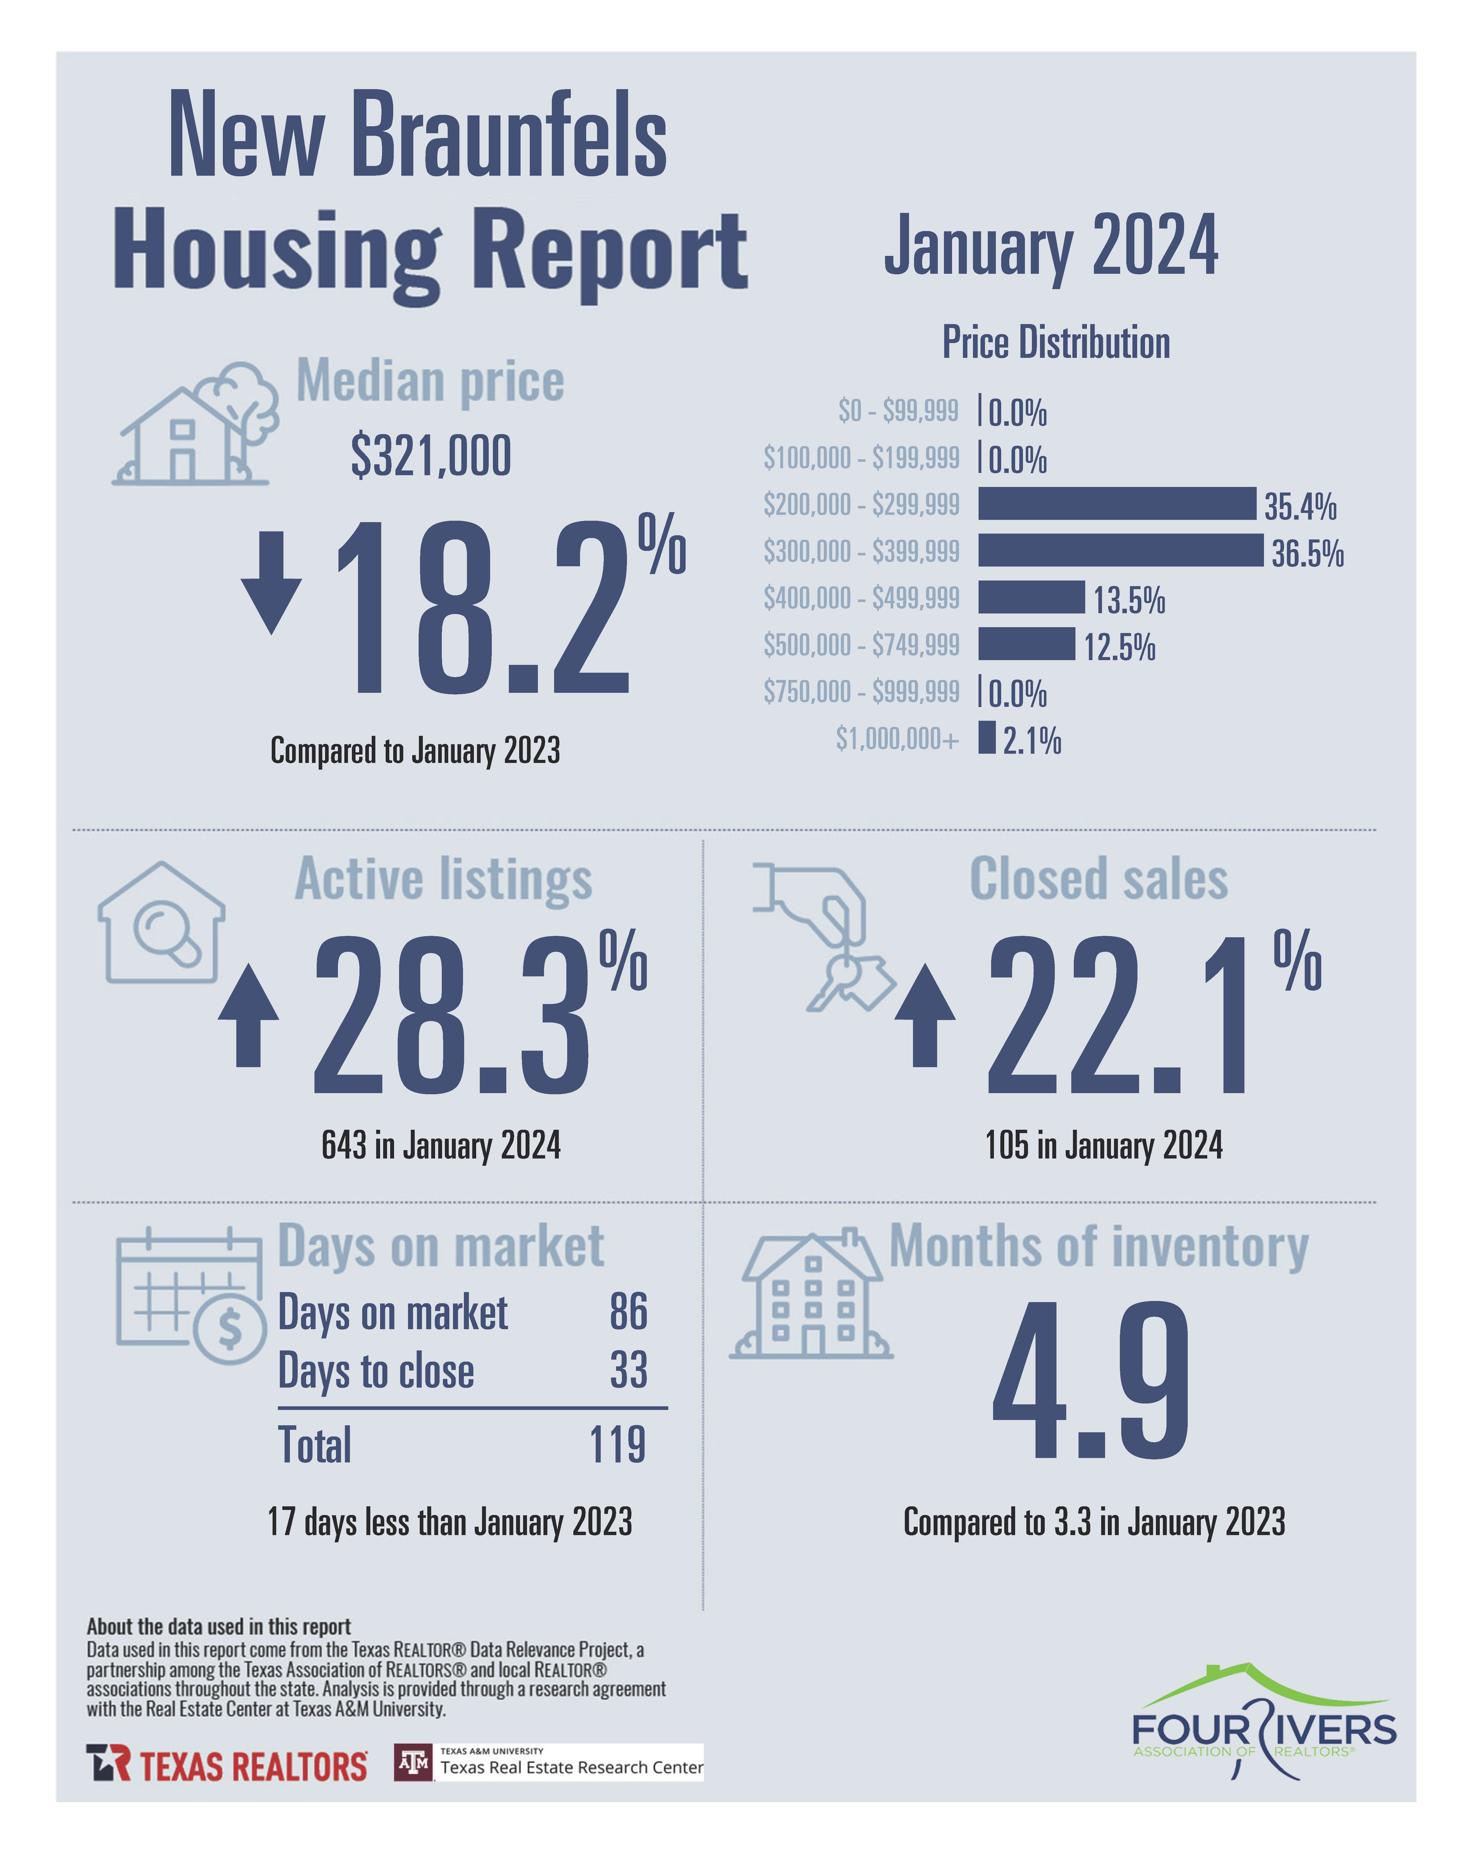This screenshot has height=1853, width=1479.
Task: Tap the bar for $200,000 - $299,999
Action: click(x=1116, y=504)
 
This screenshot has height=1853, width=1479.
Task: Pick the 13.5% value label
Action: click(x=1128, y=600)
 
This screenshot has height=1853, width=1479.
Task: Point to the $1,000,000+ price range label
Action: click(x=896, y=738)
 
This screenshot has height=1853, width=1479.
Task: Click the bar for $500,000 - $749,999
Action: click(x=1026, y=644)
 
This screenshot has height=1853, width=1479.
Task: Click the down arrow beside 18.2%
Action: click(x=271, y=582)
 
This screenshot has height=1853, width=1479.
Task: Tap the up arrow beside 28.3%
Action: click(x=248, y=1015)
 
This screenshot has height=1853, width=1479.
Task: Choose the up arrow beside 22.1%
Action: click(x=925, y=1015)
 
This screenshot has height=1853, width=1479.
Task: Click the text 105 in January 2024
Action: click(x=1103, y=1146)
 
